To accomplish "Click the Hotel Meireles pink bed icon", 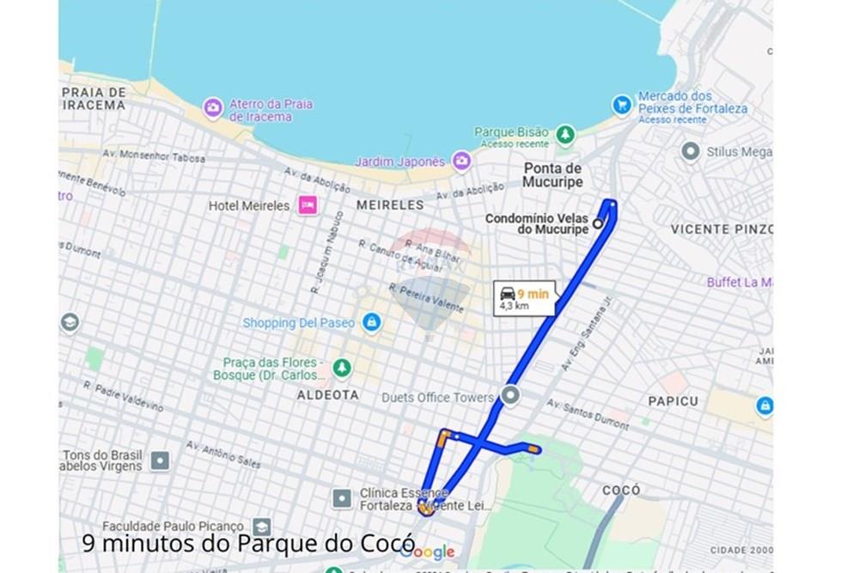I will pyautogui.click(x=307, y=205).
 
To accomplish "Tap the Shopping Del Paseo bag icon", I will pyautogui.click(x=371, y=322).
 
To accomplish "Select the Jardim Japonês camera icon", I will pyautogui.click(x=461, y=161).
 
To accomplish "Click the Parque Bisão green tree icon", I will pyautogui.click(x=564, y=134).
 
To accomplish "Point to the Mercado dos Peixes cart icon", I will pyautogui.click(x=622, y=104).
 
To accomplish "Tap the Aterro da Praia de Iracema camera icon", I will pyautogui.click(x=213, y=108).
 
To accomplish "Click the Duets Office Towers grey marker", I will pyautogui.click(x=511, y=396).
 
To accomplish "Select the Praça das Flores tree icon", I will pyautogui.click(x=342, y=368).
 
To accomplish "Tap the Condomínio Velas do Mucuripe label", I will pyautogui.click(x=536, y=224).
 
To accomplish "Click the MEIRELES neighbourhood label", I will pyautogui.click(x=390, y=205).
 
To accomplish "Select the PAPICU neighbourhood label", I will pyautogui.click(x=673, y=400).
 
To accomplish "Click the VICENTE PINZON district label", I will pyautogui.click(x=722, y=229).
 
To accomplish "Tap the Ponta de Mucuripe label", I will pyautogui.click(x=552, y=175).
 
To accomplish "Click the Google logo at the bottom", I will pyautogui.click(x=427, y=552).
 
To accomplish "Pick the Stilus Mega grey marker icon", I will pyautogui.click(x=690, y=152).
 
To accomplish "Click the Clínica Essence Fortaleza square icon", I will pyautogui.click(x=342, y=497).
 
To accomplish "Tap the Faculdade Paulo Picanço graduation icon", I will pyautogui.click(x=261, y=526).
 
